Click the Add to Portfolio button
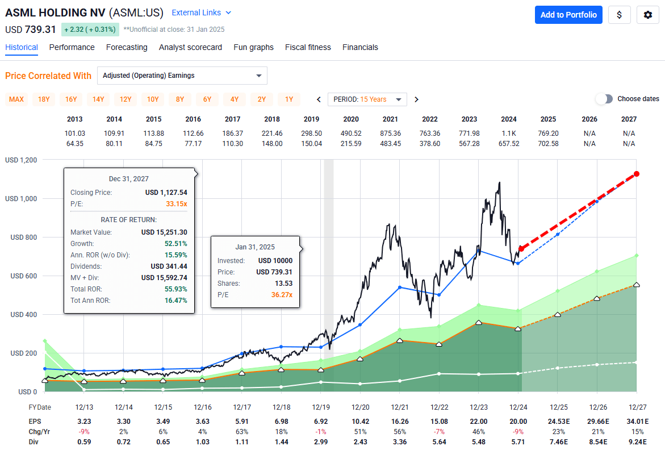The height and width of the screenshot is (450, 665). tap(568, 15)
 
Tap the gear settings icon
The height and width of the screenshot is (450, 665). tap(647, 15)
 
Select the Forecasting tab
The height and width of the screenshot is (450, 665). tap(127, 48)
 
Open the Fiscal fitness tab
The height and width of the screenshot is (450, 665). tap(308, 48)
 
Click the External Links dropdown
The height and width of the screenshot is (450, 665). tap(202, 13)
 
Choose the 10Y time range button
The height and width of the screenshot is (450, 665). tap(153, 99)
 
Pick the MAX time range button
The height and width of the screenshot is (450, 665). tap(16, 99)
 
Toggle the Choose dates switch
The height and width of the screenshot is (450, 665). tap(605, 99)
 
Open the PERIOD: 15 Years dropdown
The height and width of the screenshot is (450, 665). tap(367, 99)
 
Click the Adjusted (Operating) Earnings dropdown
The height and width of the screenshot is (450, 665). tap(182, 76)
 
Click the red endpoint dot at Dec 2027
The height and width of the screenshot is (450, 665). tap(637, 174)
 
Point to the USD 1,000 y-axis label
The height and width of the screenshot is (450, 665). tap(21, 199)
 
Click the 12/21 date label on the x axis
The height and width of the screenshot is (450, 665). tap(399, 407)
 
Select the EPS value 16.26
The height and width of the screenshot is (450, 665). tap(399, 422)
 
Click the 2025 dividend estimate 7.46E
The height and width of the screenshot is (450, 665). tap(557, 441)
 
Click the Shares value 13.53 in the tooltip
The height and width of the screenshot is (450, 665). tap(283, 283)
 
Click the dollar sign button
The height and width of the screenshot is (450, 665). tap(620, 15)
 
